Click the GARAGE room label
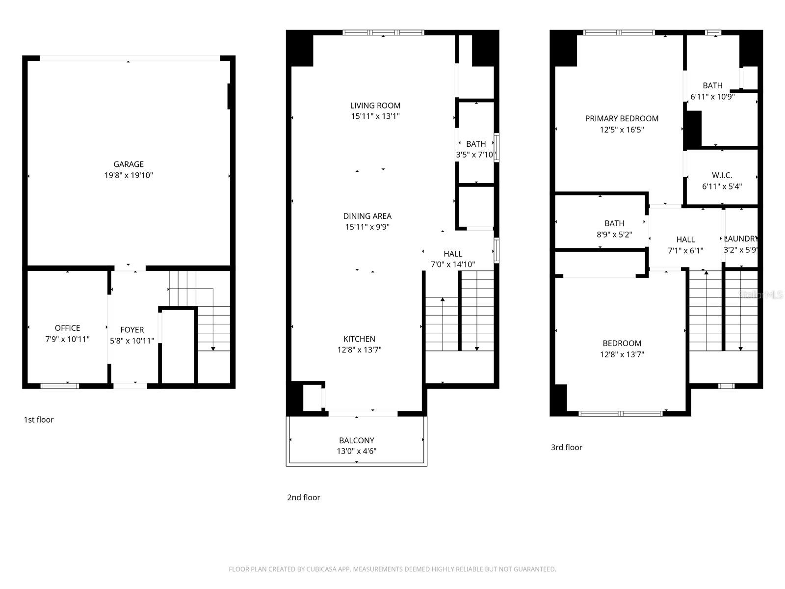(x=129, y=164)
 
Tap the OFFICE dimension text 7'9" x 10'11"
(x=68, y=339)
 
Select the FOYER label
(x=132, y=330)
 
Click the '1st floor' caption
(x=39, y=420)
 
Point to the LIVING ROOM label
(x=375, y=106)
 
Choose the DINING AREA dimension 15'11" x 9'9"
(x=367, y=227)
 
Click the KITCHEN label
(x=359, y=339)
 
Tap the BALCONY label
(x=357, y=440)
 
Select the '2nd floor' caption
(x=304, y=497)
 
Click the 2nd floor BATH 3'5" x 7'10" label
(x=476, y=144)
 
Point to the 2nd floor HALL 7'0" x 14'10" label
(x=453, y=254)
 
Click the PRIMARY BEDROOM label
(x=622, y=118)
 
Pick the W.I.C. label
(x=722, y=175)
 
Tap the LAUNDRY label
(x=741, y=239)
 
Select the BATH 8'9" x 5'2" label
(x=614, y=223)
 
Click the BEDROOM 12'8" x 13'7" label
(x=622, y=343)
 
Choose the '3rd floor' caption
(x=567, y=447)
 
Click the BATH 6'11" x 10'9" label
(x=712, y=85)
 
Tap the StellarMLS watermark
(x=761, y=294)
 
